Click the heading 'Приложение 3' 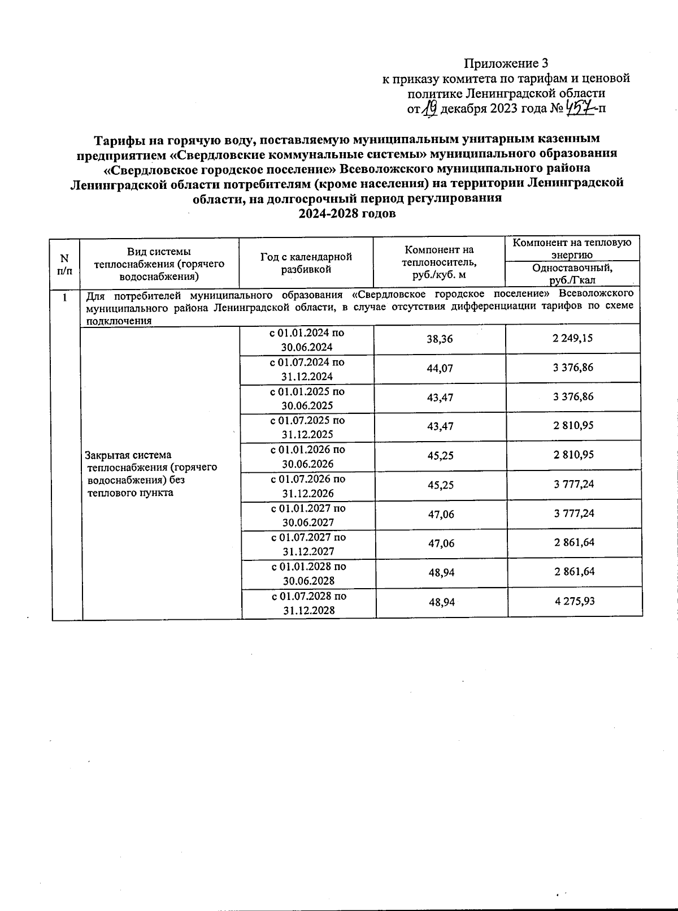506,63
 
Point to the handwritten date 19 429,107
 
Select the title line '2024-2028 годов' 347,214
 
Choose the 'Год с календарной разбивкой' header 306,263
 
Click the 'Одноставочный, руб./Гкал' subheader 572,274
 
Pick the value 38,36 440,339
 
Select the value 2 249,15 573,338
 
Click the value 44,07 440,368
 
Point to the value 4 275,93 574,601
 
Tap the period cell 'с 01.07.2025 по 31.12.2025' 307,428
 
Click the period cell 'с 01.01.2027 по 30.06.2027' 308,515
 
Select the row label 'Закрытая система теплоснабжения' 151,474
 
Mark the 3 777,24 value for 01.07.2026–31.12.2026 573,484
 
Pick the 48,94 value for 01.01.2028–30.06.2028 442,572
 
